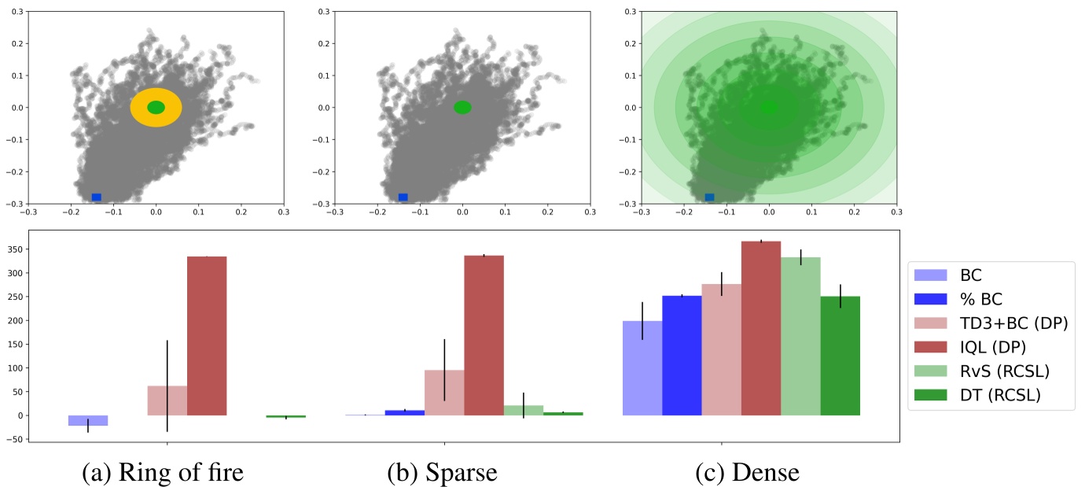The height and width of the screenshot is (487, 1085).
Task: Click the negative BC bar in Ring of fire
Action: pyautogui.click(x=88, y=420)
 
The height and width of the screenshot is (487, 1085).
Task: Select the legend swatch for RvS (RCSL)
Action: pyautogui.click(x=932, y=371)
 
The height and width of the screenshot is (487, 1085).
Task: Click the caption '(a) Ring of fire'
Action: pyautogui.click(x=163, y=472)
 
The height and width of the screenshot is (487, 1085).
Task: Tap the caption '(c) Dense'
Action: pyautogui.click(x=747, y=472)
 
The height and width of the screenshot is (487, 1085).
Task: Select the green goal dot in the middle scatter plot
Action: pyautogui.click(x=462, y=107)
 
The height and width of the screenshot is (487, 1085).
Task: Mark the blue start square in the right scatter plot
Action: pyautogui.click(x=709, y=197)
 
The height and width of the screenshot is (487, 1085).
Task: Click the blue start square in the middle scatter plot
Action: pyautogui.click(x=403, y=197)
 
